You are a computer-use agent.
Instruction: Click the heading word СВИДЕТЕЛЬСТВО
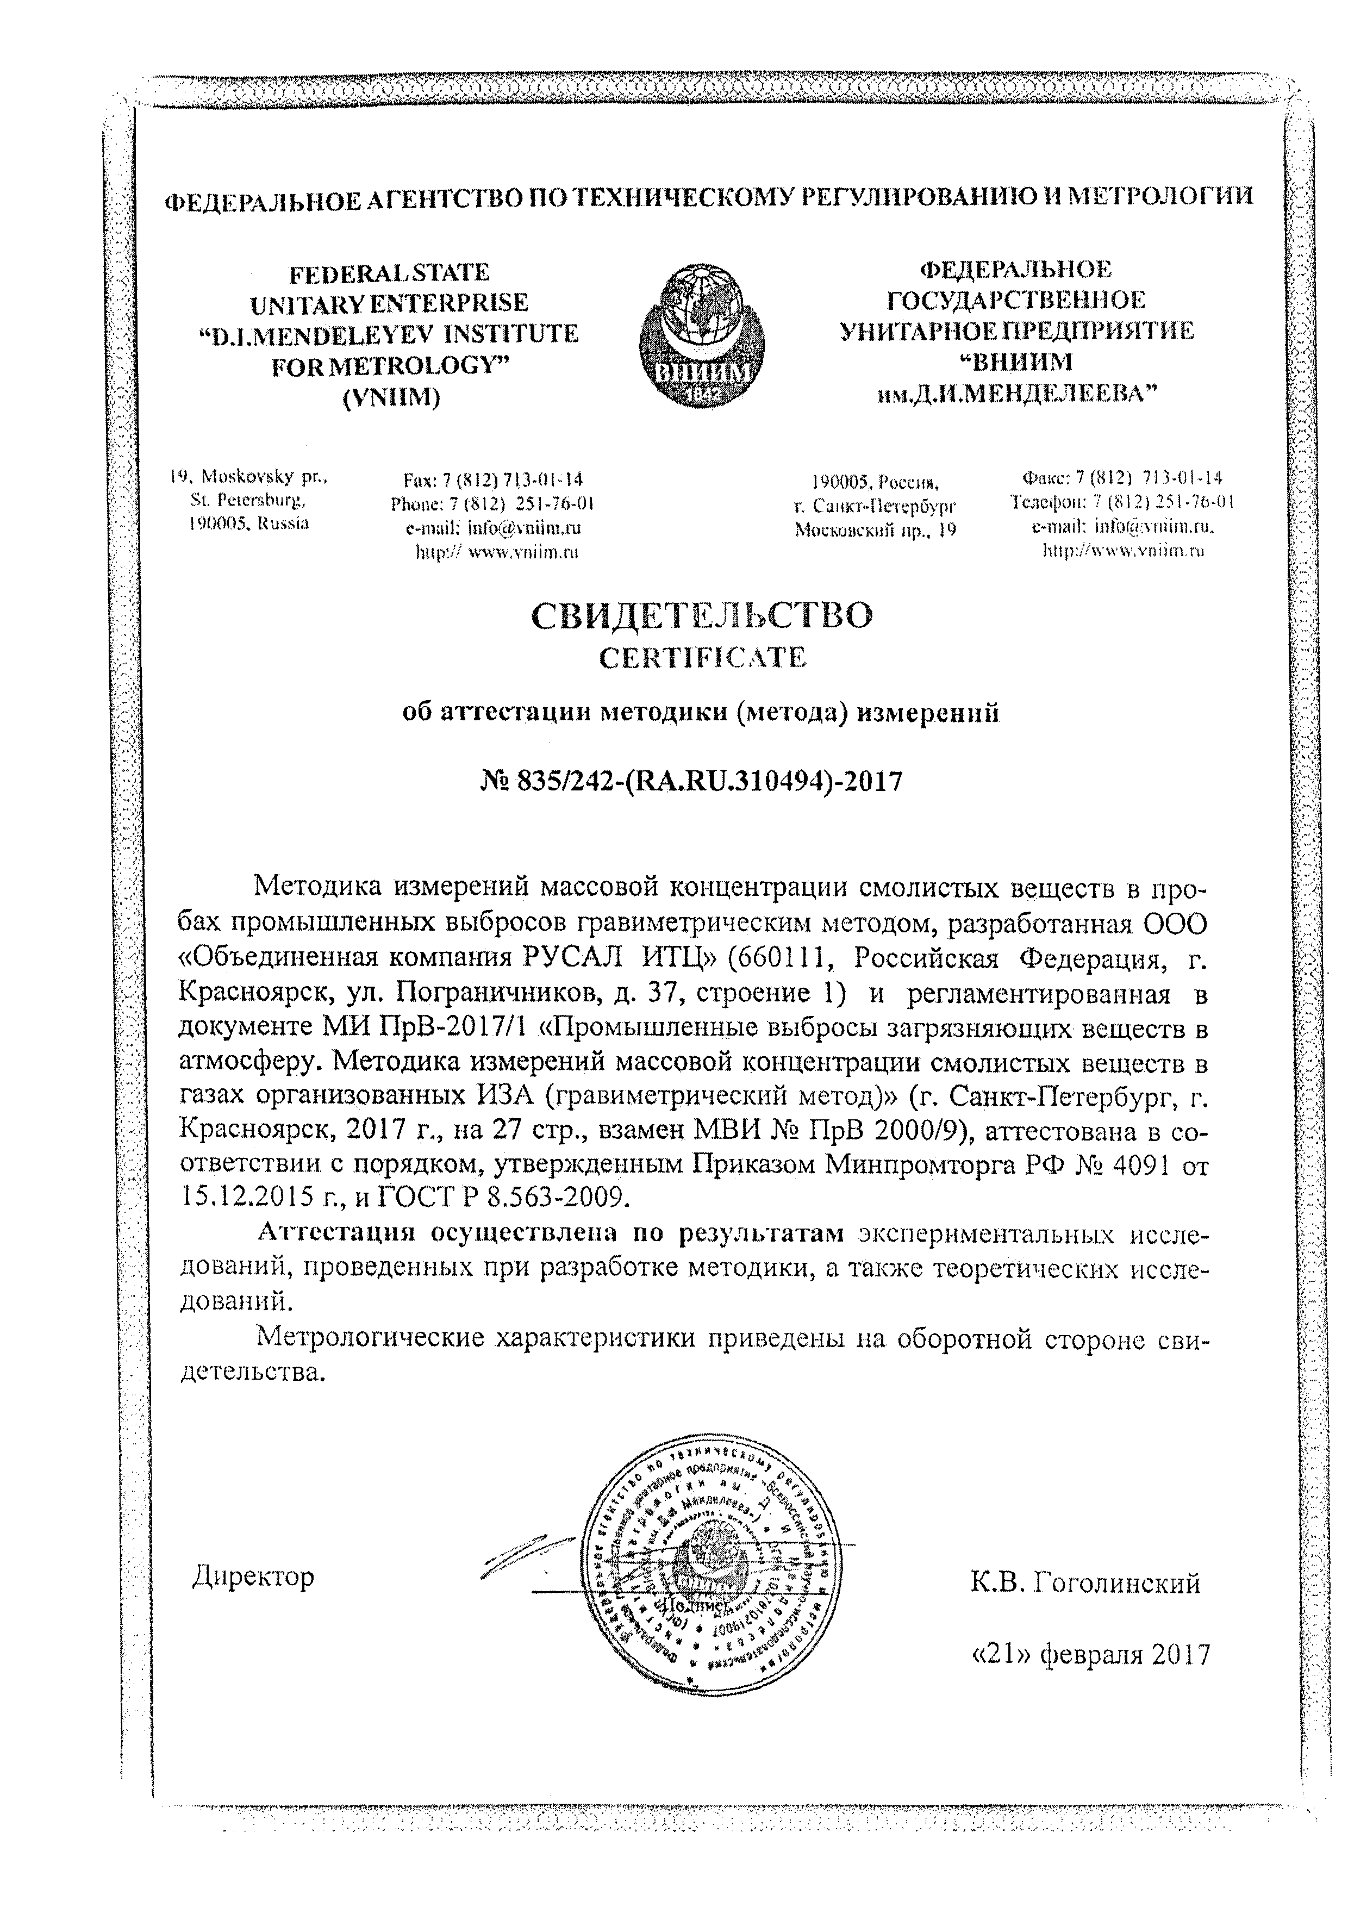tap(702, 616)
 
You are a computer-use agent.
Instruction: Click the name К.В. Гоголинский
tap(1085, 1583)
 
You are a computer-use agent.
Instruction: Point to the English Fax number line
tap(492, 480)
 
